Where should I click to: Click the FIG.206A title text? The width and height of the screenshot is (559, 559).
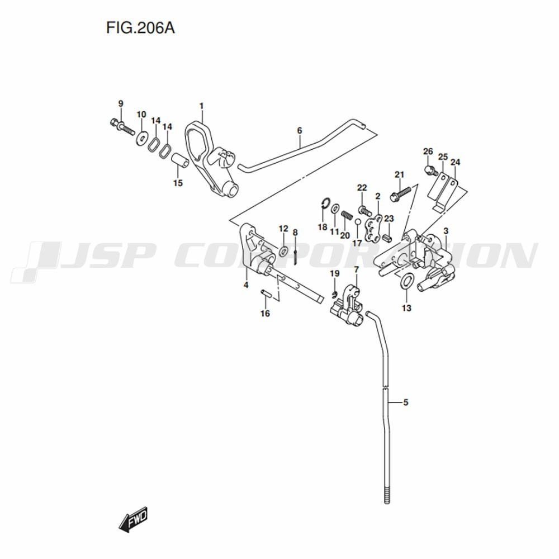point(140,28)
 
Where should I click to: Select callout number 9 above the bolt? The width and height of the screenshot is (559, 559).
point(121,104)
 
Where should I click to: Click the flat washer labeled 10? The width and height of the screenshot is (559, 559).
point(142,138)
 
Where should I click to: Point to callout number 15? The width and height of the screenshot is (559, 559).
point(178,183)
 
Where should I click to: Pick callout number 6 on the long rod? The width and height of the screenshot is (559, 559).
point(300,130)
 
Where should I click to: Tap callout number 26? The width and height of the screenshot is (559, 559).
point(428,151)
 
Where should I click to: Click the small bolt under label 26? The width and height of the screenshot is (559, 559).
point(432,170)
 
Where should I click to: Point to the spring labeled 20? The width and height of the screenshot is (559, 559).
point(347,216)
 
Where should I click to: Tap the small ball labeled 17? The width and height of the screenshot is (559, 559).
point(358,222)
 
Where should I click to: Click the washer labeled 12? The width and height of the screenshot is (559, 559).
point(284,251)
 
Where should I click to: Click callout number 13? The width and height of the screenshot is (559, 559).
point(406,307)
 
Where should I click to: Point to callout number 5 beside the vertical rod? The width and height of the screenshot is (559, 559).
point(405,402)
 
